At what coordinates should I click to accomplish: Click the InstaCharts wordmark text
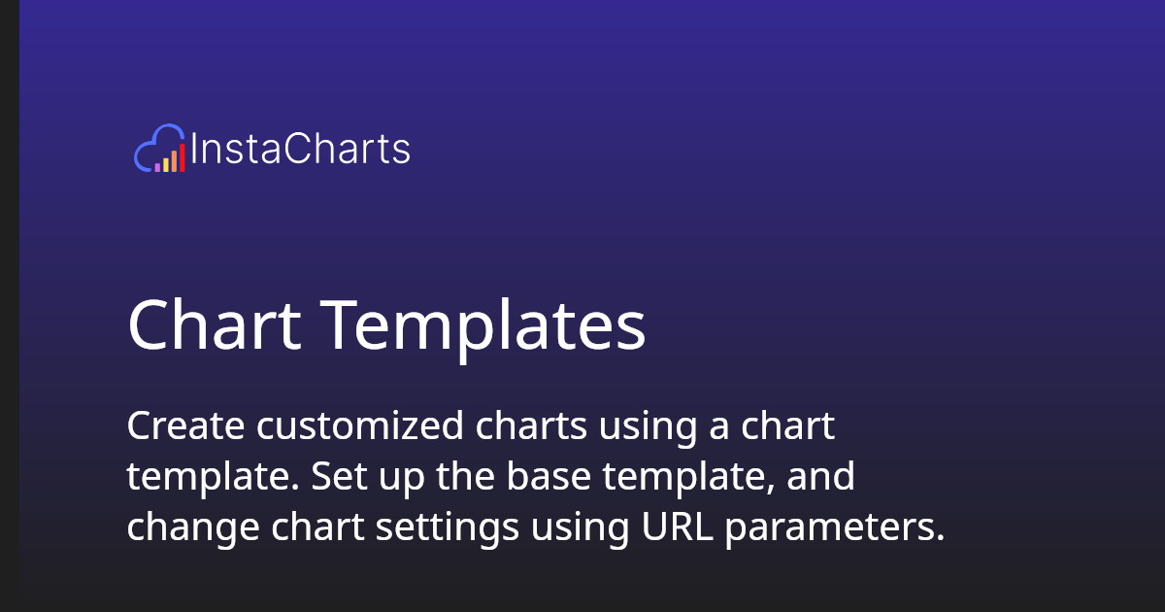click(301, 150)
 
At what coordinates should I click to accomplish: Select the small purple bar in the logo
click(157, 167)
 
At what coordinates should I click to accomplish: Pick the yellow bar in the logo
click(166, 162)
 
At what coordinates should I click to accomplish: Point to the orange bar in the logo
click(174, 158)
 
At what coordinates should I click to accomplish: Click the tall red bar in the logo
click(182, 155)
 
